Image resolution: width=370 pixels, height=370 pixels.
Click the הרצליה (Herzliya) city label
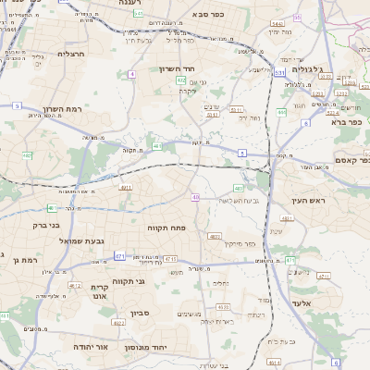point(70,54)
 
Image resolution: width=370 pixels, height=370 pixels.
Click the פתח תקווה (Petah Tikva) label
point(167,226)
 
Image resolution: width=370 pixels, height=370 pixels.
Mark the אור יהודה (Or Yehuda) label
point(91,346)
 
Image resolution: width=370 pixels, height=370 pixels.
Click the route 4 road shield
point(132,73)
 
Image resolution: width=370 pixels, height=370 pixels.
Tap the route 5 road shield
point(18,105)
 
